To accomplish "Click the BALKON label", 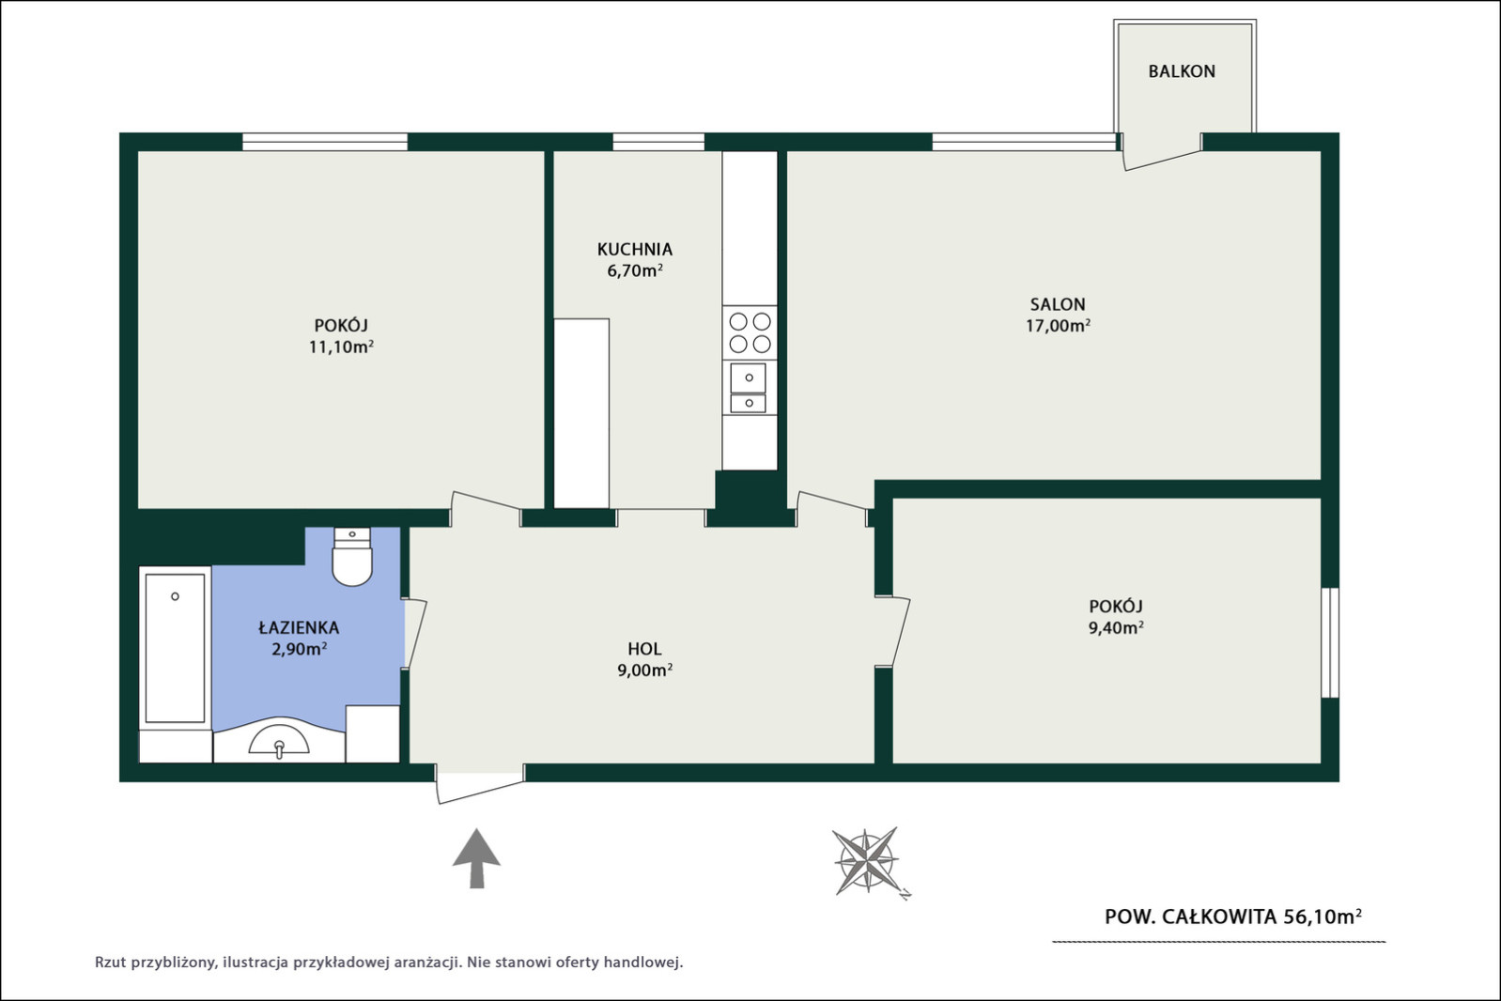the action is click(x=1182, y=71).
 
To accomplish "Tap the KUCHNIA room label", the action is click(x=635, y=249).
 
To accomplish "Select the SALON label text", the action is click(x=1058, y=304).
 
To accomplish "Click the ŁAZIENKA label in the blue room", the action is click(x=299, y=627).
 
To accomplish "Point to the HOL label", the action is click(x=644, y=649).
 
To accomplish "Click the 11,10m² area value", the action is click(x=341, y=346).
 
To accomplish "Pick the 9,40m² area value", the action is click(x=1116, y=627).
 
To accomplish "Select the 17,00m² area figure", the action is click(x=1058, y=326).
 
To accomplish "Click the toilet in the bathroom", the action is click(x=352, y=556).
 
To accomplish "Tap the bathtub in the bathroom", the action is click(x=175, y=648).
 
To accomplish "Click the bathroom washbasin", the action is click(x=279, y=739).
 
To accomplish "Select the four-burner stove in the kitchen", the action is click(x=750, y=333).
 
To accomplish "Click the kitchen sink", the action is click(x=749, y=387).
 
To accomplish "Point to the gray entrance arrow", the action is click(x=476, y=858).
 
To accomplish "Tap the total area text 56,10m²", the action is click(x=1323, y=916).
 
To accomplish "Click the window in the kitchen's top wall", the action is click(x=658, y=142).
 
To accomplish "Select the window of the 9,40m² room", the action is click(x=1330, y=642).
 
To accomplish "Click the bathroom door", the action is click(x=414, y=633).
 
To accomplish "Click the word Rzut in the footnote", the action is click(x=110, y=962).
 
